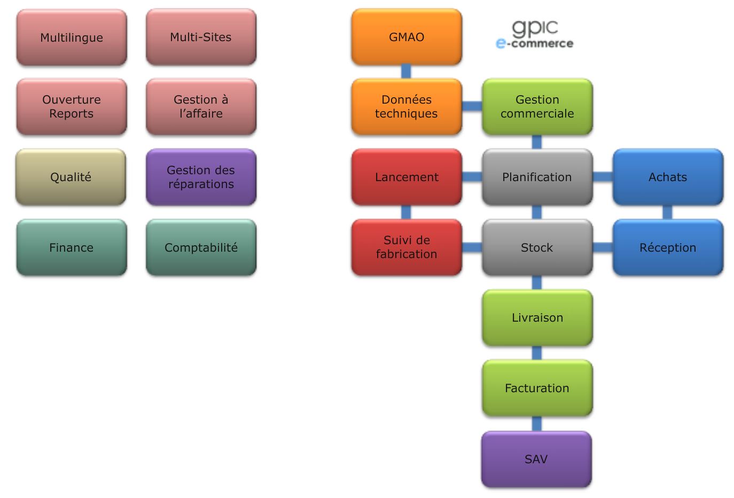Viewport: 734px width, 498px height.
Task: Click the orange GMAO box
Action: click(407, 37)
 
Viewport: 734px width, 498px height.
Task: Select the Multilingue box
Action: click(72, 37)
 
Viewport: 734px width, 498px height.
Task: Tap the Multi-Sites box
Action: click(201, 37)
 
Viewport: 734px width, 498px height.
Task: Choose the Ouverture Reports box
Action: click(72, 106)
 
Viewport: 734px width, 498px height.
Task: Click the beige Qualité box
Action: click(71, 177)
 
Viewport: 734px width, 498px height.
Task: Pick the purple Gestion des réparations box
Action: click(201, 177)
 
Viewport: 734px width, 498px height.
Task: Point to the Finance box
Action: click(72, 247)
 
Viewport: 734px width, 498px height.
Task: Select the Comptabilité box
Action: click(201, 247)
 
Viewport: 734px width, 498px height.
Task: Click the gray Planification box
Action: click(537, 177)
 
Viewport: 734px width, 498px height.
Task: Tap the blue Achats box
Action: click(668, 177)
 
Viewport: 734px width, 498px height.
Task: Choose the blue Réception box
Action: click(668, 247)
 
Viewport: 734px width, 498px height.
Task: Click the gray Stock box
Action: click(537, 247)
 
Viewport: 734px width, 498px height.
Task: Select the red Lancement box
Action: click(407, 177)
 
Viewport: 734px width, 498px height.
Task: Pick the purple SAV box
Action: click(536, 459)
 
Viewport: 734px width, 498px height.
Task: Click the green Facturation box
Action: click(537, 388)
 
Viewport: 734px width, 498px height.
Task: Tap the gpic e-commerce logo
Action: click(534, 35)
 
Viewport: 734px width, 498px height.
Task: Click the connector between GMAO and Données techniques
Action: click(406, 72)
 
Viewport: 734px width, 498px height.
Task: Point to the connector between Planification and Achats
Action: click(603, 177)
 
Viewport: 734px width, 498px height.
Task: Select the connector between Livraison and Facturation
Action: click(537, 353)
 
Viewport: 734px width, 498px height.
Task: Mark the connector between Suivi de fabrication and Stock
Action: click(472, 247)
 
